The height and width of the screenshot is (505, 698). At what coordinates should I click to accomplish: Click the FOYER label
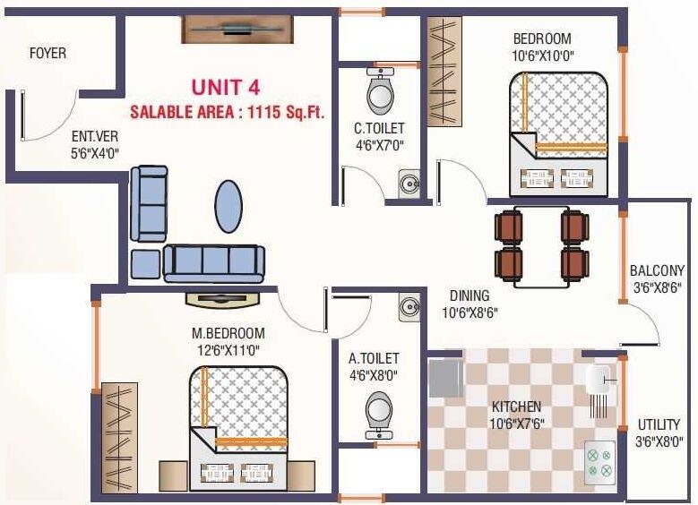(47, 54)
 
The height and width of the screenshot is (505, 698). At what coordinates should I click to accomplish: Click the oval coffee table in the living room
(229, 206)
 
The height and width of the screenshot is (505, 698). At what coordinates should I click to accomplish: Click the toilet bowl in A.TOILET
(380, 414)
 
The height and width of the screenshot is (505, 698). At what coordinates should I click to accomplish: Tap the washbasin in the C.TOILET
(409, 184)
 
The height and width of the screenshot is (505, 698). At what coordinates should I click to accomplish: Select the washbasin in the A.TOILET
(409, 306)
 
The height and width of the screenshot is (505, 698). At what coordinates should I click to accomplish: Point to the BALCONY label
(657, 271)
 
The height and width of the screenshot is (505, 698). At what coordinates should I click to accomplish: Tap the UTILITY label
(659, 424)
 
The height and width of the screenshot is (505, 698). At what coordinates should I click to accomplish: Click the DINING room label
(469, 296)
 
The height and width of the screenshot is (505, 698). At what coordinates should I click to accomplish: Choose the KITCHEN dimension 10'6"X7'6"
(517, 423)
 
